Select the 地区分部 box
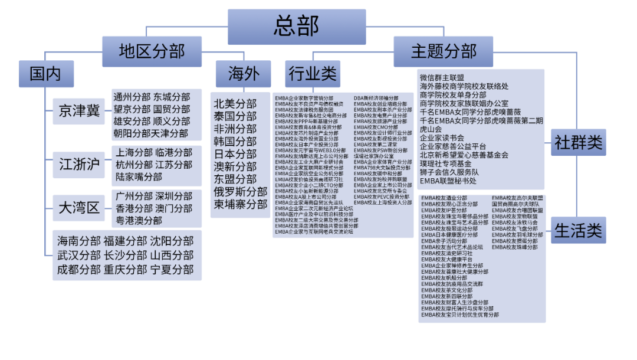pyautogui.click(x=152, y=51)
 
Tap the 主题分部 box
pyautogui.click(x=444, y=51)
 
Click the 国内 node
pyautogui.click(x=45, y=74)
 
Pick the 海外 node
pyautogui.click(x=244, y=74)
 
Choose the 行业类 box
pyautogui.click(x=313, y=74)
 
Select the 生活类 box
pyautogui.click(x=579, y=230)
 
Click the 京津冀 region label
pyautogui.click(x=79, y=110)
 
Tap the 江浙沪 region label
pyautogui.click(x=79, y=164)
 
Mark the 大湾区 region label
pyautogui.click(x=79, y=207)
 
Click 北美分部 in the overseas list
pyautogui.click(x=235, y=104)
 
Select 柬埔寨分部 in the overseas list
pyautogui.click(x=240, y=204)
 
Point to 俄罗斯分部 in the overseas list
pyautogui.click(x=240, y=192)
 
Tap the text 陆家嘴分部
pyautogui.click(x=139, y=177)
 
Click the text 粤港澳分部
pyautogui.click(x=139, y=220)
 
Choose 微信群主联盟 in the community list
pyautogui.click(x=442, y=77)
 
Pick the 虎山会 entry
pyautogui.click(x=431, y=129)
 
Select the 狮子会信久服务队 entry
pyautogui.click(x=449, y=172)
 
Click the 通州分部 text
pyautogui.click(x=132, y=97)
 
